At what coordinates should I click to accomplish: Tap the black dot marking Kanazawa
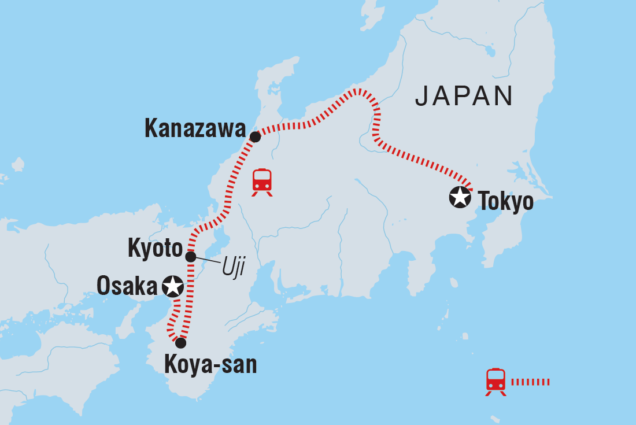255,137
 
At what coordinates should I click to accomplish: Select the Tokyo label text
505,202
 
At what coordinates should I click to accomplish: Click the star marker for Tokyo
460,198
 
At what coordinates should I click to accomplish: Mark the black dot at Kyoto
191,256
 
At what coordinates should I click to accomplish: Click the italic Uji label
231,267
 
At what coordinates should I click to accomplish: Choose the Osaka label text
127,286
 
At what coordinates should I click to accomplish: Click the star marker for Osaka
173,286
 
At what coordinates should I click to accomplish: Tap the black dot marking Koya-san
180,343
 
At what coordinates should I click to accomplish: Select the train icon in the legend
496,382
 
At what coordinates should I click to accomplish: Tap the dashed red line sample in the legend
531,382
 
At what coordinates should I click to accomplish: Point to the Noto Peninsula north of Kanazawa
275,87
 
